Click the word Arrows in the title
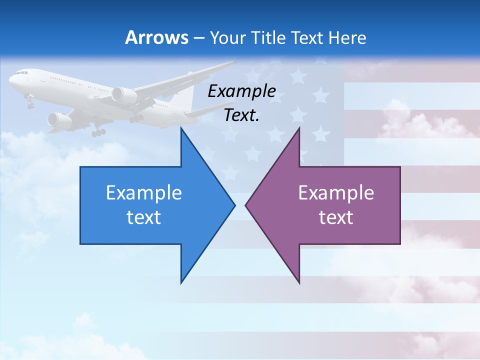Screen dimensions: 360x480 (156, 37)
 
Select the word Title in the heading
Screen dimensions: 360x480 (271, 38)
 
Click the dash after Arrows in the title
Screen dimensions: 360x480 (198, 38)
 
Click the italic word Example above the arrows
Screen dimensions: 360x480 (242, 91)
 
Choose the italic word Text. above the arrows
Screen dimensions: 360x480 (242, 115)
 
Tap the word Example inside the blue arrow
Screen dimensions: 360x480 (144, 193)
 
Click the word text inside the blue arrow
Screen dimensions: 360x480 (144, 217)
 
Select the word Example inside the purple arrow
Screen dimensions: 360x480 (336, 193)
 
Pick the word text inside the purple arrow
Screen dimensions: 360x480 (336, 217)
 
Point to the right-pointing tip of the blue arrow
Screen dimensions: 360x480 (234, 205)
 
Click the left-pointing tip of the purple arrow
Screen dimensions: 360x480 (246, 205)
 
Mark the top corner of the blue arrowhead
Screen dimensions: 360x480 (181, 128)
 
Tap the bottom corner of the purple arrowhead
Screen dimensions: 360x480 (299, 283)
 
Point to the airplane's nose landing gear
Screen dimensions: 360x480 (29, 103)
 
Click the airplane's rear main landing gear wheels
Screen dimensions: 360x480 (98, 132)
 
